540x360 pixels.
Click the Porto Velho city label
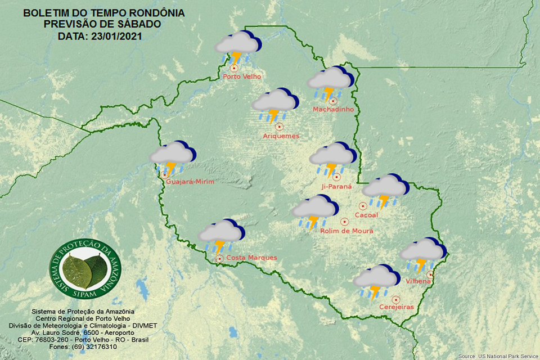click(x=242, y=76)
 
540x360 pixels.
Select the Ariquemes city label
click(x=281, y=136)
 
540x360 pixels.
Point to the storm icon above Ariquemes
click(x=274, y=105)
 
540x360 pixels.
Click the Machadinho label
click(x=334, y=109)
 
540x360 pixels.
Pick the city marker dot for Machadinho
click(x=333, y=101)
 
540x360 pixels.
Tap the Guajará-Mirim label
click(x=191, y=182)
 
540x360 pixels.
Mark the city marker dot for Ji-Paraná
click(x=337, y=177)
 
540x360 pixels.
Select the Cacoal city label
click(x=367, y=215)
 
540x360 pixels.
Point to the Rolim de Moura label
click(x=346, y=231)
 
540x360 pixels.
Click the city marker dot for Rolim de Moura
click(x=344, y=222)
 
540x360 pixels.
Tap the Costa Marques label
click(x=251, y=258)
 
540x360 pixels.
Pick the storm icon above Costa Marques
click(x=222, y=235)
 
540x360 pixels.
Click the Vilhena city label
click(x=418, y=280)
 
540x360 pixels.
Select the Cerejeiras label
click(x=397, y=307)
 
